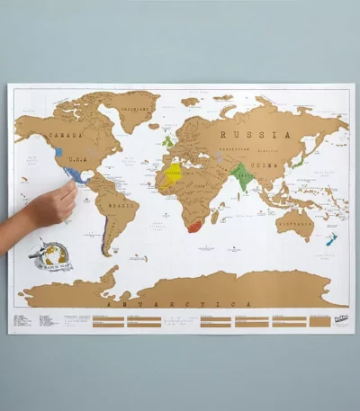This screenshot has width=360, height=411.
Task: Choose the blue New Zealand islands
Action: coord(331,241)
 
